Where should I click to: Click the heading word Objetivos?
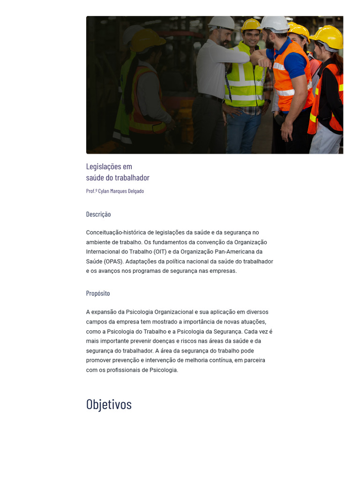pyautogui.click(x=109, y=404)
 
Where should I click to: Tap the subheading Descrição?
pyautogui.click(x=98, y=214)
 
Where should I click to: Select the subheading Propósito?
pyautogui.click(x=98, y=293)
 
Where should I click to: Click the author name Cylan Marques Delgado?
pyautogui.click(x=121, y=191)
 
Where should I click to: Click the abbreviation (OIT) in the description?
pyautogui.click(x=160, y=252)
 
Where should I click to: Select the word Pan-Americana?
pyautogui.click(x=233, y=252)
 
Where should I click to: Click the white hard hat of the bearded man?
pyautogui.click(x=222, y=22)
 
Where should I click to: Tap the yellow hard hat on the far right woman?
pyautogui.click(x=327, y=36)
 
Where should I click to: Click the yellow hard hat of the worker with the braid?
pyautogui.click(x=147, y=41)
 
